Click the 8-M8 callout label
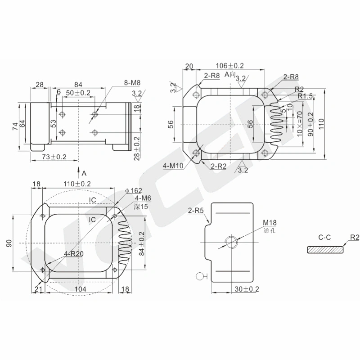[132, 83]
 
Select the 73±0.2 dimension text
[54, 157]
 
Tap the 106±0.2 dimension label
[229, 66]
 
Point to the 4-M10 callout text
[173, 166]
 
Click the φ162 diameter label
[133, 190]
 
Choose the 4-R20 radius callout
[73, 254]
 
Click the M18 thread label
[270, 222]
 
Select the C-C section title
[324, 237]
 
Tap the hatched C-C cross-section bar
[325, 250]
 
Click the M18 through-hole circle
[231, 242]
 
